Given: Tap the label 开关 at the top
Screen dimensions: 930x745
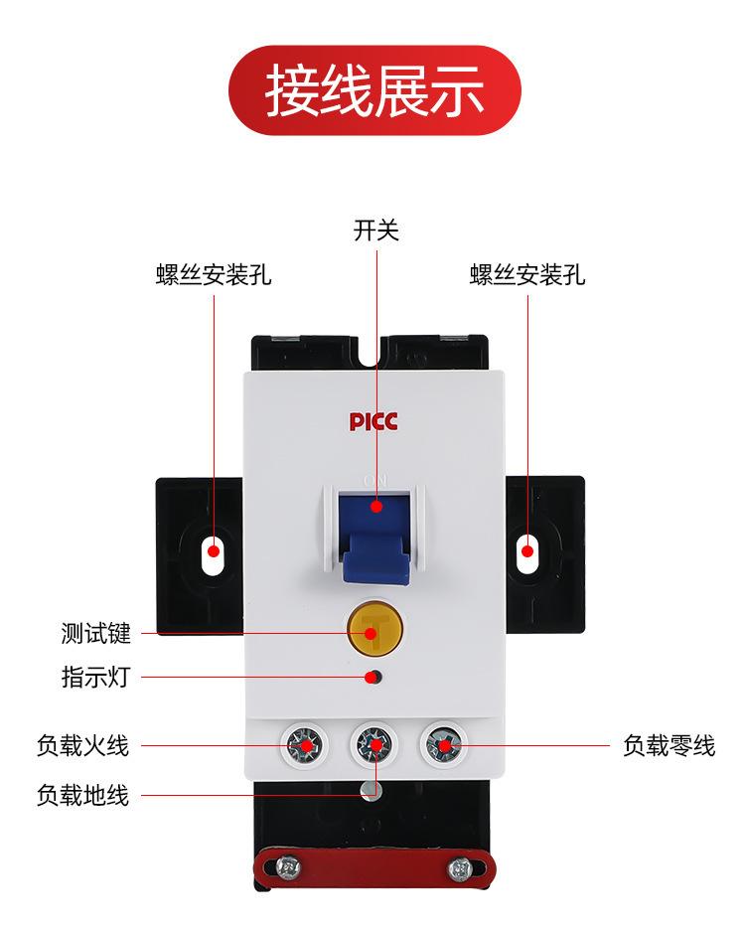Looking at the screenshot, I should click(x=376, y=232).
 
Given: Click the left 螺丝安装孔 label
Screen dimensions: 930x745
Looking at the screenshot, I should click(x=214, y=275).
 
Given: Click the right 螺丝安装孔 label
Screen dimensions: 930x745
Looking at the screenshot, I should click(x=527, y=275).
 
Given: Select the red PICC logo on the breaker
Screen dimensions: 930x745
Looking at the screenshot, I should click(x=373, y=421).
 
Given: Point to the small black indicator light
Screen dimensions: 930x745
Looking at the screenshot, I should click(x=373, y=679).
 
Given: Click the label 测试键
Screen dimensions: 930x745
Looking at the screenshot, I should click(x=95, y=633).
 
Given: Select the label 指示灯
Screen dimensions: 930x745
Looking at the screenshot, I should click(x=95, y=679).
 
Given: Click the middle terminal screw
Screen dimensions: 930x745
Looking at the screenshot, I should click(x=373, y=743).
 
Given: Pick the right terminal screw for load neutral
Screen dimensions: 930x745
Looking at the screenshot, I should click(x=444, y=743).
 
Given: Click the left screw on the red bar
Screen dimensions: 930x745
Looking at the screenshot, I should click(x=291, y=868).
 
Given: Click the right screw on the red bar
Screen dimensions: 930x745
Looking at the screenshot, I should click(x=459, y=868).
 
